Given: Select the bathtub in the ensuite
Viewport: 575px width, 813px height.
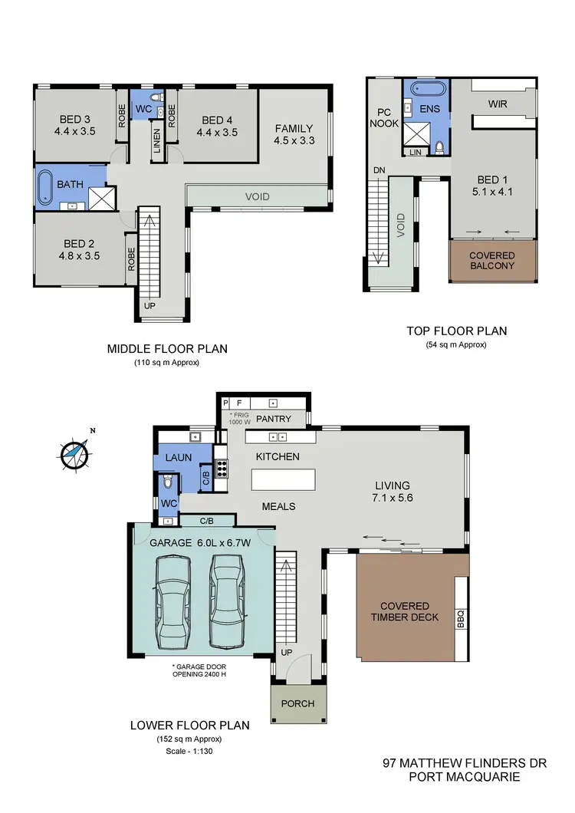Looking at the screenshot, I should pyautogui.click(x=428, y=87).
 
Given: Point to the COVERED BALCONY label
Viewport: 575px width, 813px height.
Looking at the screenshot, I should pyautogui.click(x=492, y=261).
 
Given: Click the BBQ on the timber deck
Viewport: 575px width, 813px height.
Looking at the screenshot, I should pyautogui.click(x=461, y=614).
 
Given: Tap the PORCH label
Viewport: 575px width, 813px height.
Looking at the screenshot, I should pyautogui.click(x=297, y=703).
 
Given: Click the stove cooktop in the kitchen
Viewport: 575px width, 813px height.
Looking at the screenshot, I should pyautogui.click(x=222, y=468).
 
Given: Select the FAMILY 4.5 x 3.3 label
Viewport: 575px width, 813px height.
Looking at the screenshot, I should pyautogui.click(x=294, y=135).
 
